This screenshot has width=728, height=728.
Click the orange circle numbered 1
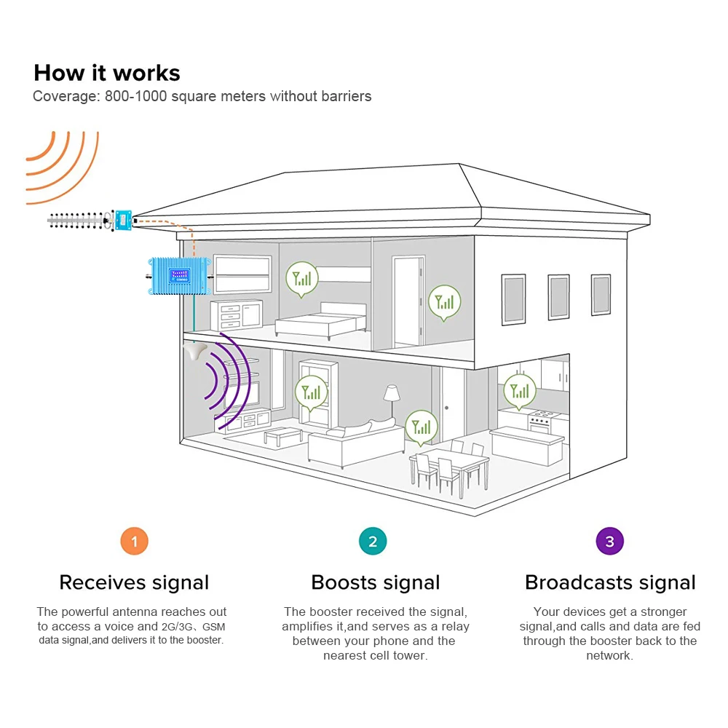coord(134,541)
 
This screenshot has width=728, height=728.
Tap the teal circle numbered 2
coord(373,541)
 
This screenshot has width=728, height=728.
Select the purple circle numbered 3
coord(609,541)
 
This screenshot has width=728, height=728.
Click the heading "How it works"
coord(107,73)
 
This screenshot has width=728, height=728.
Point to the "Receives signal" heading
coord(134,582)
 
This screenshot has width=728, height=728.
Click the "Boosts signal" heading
coord(375,582)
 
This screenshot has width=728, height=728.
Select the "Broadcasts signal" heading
coord(610,582)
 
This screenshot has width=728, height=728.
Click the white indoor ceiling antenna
coord(194,352)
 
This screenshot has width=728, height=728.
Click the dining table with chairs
coord(448,466)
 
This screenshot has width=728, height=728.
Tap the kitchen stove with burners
coord(540,421)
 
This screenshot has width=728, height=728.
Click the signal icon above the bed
coord(301,278)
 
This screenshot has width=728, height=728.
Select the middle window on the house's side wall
coord(558,297)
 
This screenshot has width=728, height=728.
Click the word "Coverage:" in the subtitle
coord(64,96)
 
